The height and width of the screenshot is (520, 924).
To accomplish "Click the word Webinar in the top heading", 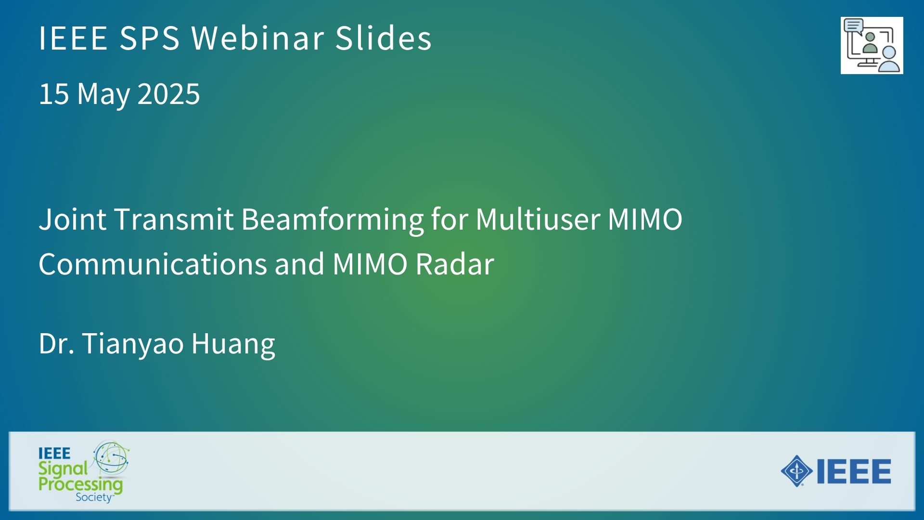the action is (x=258, y=38).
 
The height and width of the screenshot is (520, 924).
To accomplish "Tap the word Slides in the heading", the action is (x=384, y=38).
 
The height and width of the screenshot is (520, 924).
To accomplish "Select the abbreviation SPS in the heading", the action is (x=149, y=38).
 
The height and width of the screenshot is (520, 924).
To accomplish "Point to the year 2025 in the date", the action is (x=168, y=93).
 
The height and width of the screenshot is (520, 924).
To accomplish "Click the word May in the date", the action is (x=103, y=94).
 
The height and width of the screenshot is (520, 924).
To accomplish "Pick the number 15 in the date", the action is (x=53, y=93).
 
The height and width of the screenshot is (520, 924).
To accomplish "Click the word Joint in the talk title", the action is (x=73, y=219).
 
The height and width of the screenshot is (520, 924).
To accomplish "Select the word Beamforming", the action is (x=333, y=221).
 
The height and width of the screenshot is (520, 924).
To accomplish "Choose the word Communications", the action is (x=153, y=264).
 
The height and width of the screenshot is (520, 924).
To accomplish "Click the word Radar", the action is (x=455, y=264).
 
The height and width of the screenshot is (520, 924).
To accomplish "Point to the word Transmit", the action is (x=174, y=219).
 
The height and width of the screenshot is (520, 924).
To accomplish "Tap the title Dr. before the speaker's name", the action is (x=57, y=344).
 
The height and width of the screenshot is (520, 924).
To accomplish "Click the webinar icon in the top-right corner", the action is (x=872, y=45).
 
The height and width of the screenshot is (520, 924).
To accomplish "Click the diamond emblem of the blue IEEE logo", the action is (x=797, y=471).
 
